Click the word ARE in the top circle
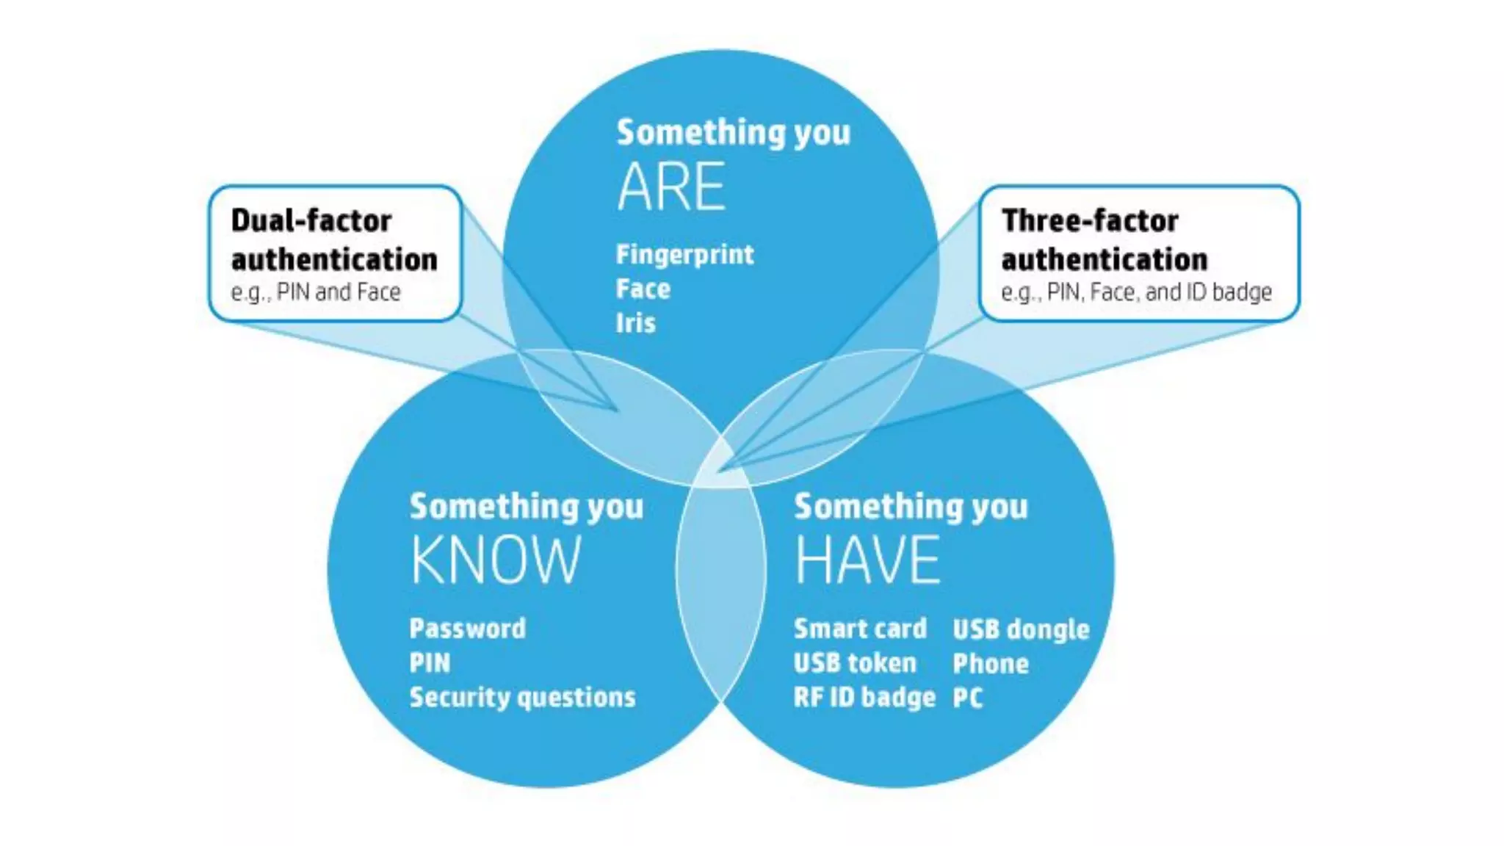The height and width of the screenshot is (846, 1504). click(x=671, y=187)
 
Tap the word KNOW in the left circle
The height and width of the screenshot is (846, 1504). click(x=496, y=560)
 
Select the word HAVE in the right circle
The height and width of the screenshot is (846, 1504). click(x=867, y=560)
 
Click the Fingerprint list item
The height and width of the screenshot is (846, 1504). click(x=684, y=255)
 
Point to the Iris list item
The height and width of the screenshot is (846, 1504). click(x=635, y=323)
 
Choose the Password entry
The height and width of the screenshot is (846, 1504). click(x=468, y=629)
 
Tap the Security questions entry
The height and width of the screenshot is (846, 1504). click(x=522, y=697)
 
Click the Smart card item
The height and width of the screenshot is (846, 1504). click(x=860, y=629)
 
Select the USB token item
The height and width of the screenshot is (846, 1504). click(x=855, y=663)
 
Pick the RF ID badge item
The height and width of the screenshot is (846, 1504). click(x=864, y=697)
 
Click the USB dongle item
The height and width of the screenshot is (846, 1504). click(x=1021, y=629)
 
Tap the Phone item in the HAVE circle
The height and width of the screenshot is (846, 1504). click(x=991, y=664)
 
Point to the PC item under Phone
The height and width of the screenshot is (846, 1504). click(x=967, y=698)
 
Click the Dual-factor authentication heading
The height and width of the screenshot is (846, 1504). click(x=334, y=240)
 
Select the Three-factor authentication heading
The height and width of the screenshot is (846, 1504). click(x=1104, y=240)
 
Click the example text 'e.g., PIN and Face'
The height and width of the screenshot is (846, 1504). click(x=316, y=292)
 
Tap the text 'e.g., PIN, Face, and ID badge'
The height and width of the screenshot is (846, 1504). click(x=1136, y=292)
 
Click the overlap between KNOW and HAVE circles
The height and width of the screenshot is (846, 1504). click(x=721, y=580)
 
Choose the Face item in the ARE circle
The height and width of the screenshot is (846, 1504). click(x=643, y=289)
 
